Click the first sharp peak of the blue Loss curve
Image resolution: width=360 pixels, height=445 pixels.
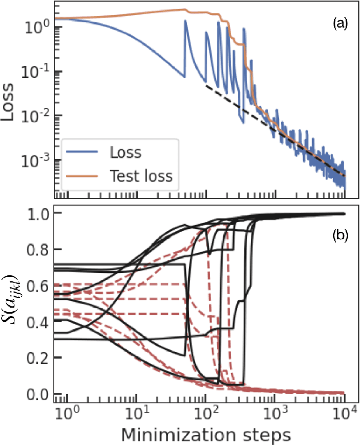186,22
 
